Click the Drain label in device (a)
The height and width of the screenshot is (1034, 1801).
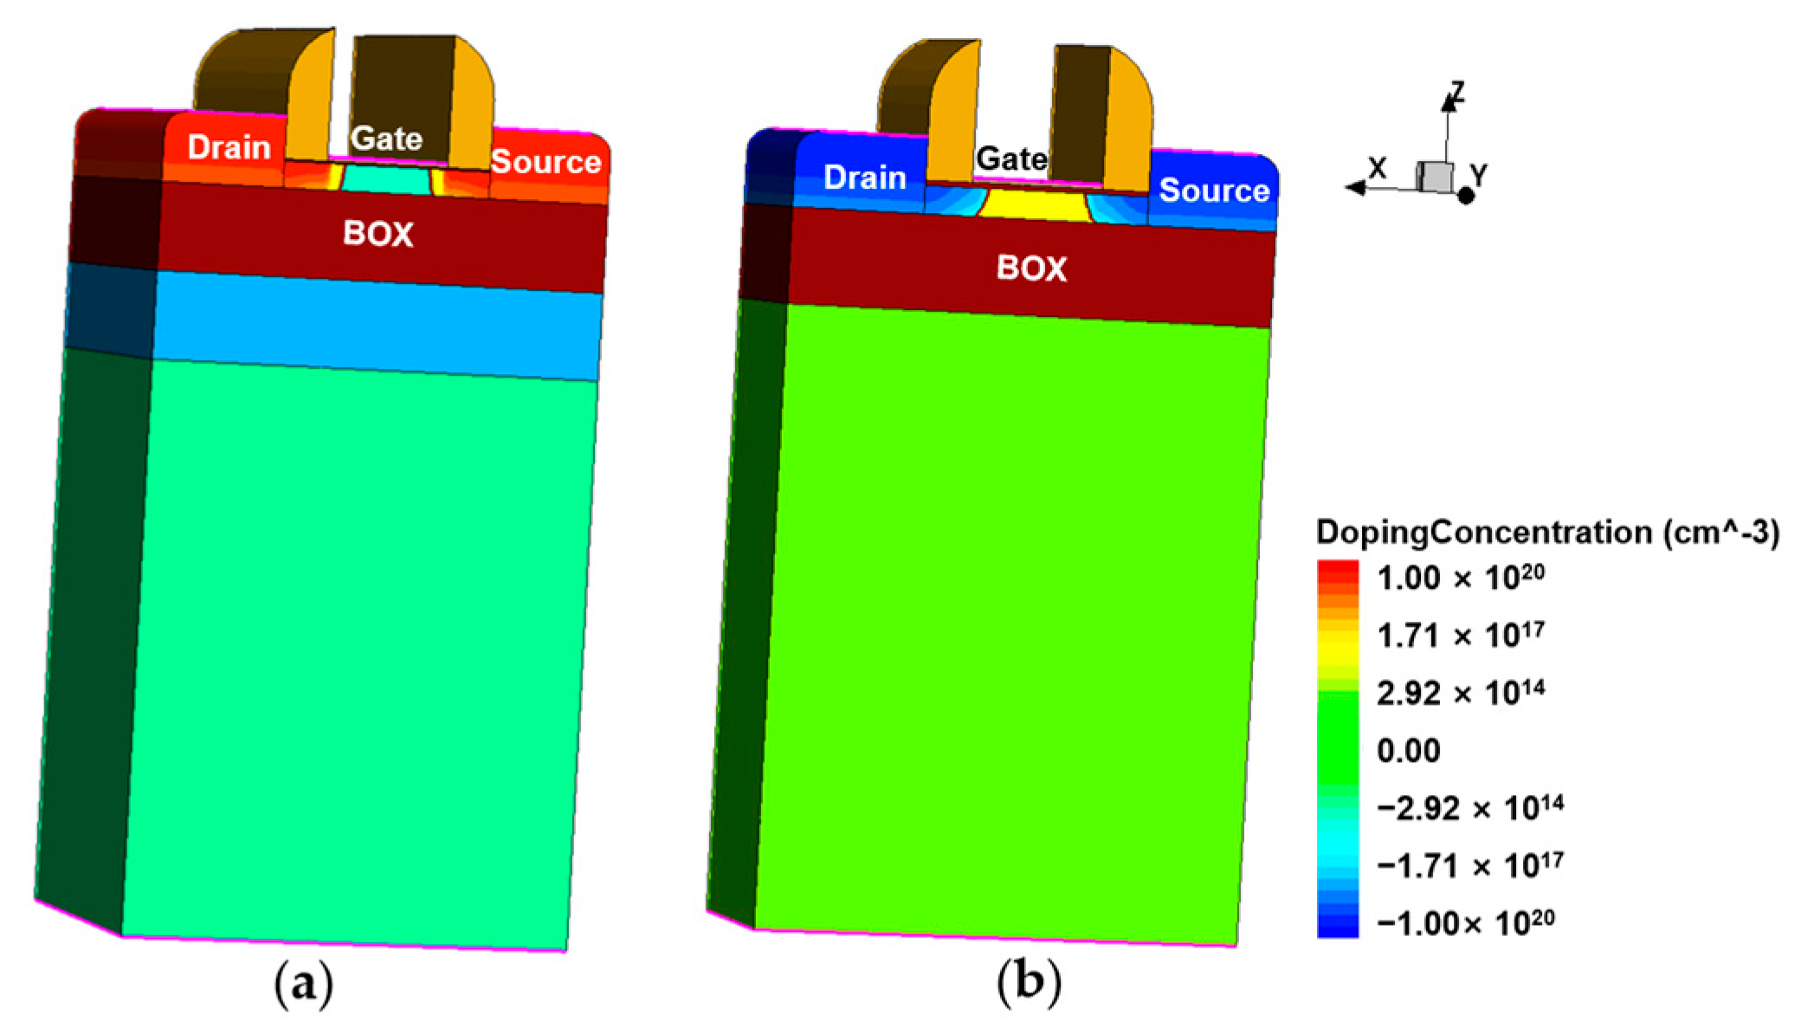pos(229,148)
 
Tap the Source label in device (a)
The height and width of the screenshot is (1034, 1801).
pos(545,162)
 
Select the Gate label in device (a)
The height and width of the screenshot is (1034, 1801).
pos(386,139)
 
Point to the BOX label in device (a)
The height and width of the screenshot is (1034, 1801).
pos(378,234)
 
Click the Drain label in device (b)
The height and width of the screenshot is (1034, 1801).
pos(864,178)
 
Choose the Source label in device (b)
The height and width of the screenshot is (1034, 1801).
pos(1214,191)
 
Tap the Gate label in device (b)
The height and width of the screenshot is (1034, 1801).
pos(1011,159)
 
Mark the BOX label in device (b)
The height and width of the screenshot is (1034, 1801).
pos(1031,268)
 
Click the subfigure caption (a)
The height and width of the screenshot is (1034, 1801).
pos(303,985)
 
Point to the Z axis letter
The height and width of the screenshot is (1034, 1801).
pos(1457,92)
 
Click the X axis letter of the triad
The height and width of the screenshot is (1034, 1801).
pos(1377,167)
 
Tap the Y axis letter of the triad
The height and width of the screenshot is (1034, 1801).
pos(1479,174)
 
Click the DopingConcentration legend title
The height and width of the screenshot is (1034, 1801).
pos(1546,532)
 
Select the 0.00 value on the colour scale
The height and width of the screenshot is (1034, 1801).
pos(1408,750)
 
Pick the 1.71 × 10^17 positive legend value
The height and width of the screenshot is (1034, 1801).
pos(1461,636)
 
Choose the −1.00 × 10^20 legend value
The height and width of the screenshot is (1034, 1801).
pos(1465,923)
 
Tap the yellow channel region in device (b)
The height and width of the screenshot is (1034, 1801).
pos(1034,205)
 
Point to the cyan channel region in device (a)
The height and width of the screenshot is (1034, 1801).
pos(386,179)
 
